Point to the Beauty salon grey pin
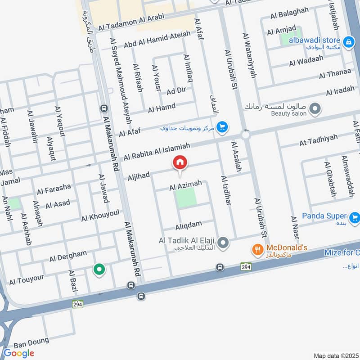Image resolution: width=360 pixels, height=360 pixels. [x=315, y=108]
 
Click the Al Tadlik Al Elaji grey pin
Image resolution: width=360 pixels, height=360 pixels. [x=224, y=243]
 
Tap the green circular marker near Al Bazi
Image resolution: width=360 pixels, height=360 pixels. [x=99, y=270]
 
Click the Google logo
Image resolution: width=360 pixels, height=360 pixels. [x=18, y=353]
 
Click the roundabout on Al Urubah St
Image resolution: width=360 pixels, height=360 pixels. [x=246, y=135]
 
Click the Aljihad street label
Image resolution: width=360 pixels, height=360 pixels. [x=138, y=175]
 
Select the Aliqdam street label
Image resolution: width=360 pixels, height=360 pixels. [x=189, y=223]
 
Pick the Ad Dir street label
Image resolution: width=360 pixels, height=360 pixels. [x=176, y=90]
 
